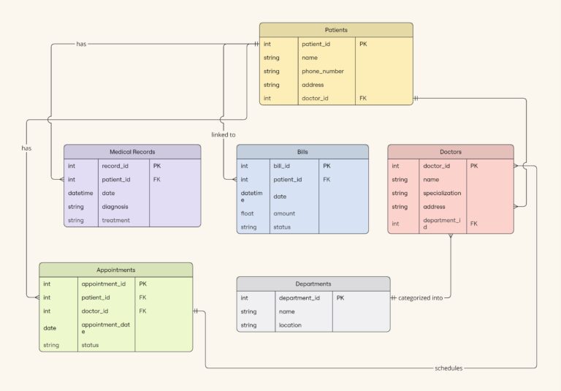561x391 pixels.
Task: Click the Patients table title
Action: tap(336, 30)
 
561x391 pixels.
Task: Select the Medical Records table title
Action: tap(132, 152)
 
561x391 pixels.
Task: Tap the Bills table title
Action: tap(302, 152)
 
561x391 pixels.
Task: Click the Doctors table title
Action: tap(450, 152)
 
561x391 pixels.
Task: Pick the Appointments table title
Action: tap(115, 270)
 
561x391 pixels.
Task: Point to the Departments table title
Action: tap(313, 284)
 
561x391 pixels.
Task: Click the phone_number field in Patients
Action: tap(323, 72)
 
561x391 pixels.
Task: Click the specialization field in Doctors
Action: tap(442, 193)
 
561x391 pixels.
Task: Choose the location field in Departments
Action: tap(290, 325)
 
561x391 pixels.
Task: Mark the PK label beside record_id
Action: tap(157, 166)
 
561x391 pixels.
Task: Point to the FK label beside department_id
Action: tap(474, 223)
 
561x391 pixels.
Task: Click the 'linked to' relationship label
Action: tap(224, 134)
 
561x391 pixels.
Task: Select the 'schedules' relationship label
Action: tap(449, 368)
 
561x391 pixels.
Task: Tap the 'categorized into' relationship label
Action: tap(420, 298)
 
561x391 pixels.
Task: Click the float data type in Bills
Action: tap(248, 213)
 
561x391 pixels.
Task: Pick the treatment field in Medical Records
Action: tap(115, 220)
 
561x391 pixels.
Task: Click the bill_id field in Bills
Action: tap(281, 166)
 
